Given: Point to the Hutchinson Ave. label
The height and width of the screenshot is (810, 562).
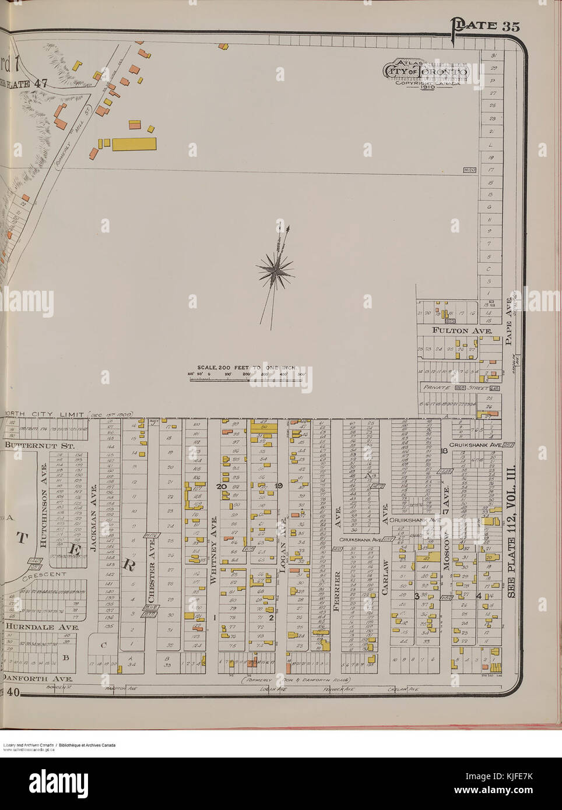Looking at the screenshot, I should pyautogui.click(x=44, y=505).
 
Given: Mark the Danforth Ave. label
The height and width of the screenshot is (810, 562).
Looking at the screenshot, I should pyautogui.click(x=37, y=679).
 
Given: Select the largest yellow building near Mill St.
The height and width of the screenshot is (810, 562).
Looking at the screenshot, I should pyautogui.click(x=134, y=144).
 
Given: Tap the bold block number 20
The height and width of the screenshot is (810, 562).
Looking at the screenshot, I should pyautogui.click(x=222, y=485).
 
